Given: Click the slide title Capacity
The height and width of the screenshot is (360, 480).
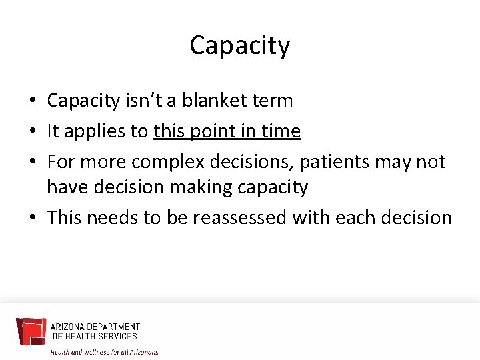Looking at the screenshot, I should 240,45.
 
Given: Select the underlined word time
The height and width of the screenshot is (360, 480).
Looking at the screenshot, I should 282,131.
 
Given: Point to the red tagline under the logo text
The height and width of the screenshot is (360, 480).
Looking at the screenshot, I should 104,351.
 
